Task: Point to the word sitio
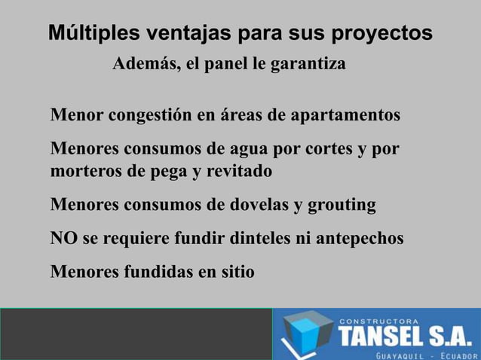tap(234, 271)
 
